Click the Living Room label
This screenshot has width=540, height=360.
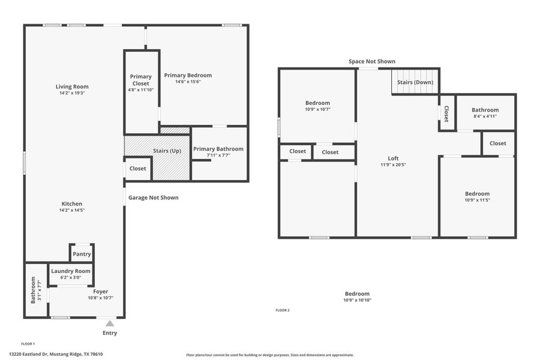point(72,87)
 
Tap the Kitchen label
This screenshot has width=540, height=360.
point(72,204)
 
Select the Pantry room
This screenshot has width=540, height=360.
point(82,254)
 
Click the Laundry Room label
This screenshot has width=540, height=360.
point(71,271)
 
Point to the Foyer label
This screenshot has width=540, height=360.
point(101,292)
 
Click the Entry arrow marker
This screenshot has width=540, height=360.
point(110,323)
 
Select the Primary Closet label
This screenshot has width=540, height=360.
point(141,80)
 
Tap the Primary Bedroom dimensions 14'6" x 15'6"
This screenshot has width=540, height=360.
point(188,82)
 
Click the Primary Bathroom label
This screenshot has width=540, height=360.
point(218,149)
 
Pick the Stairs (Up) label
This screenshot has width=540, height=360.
point(167,151)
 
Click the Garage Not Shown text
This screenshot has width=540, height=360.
point(153,197)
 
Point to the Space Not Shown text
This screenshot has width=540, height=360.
point(372,61)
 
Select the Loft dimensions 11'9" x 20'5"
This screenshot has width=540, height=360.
point(393,164)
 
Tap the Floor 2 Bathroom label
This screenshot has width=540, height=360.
point(485,110)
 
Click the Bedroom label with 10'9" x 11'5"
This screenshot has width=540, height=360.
point(477,194)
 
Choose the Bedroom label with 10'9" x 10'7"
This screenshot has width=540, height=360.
point(317,103)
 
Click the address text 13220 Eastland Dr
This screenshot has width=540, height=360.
point(56,354)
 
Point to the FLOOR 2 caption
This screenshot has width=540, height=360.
point(282,310)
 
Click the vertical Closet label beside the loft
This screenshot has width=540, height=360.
point(446,113)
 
